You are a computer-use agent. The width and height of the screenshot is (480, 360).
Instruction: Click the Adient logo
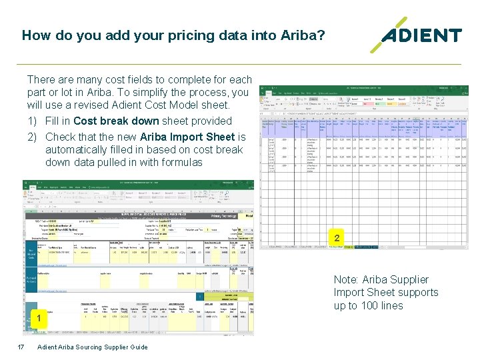pos(417,35)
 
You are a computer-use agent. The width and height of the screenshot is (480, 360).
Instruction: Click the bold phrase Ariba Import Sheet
pos(188,137)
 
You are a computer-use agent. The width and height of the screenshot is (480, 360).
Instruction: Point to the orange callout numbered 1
pos(39,319)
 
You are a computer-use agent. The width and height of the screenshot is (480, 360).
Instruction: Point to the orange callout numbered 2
pos(337,238)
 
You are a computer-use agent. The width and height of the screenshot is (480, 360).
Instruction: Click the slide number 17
pos(21,347)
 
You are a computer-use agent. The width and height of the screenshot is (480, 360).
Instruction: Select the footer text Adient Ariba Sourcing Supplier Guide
pos(93,347)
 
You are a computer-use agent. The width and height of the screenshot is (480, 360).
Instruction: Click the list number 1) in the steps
pos(33,121)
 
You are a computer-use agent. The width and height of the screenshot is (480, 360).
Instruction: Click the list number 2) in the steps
pos(33,137)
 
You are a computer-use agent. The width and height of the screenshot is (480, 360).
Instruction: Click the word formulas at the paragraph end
pos(181,162)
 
